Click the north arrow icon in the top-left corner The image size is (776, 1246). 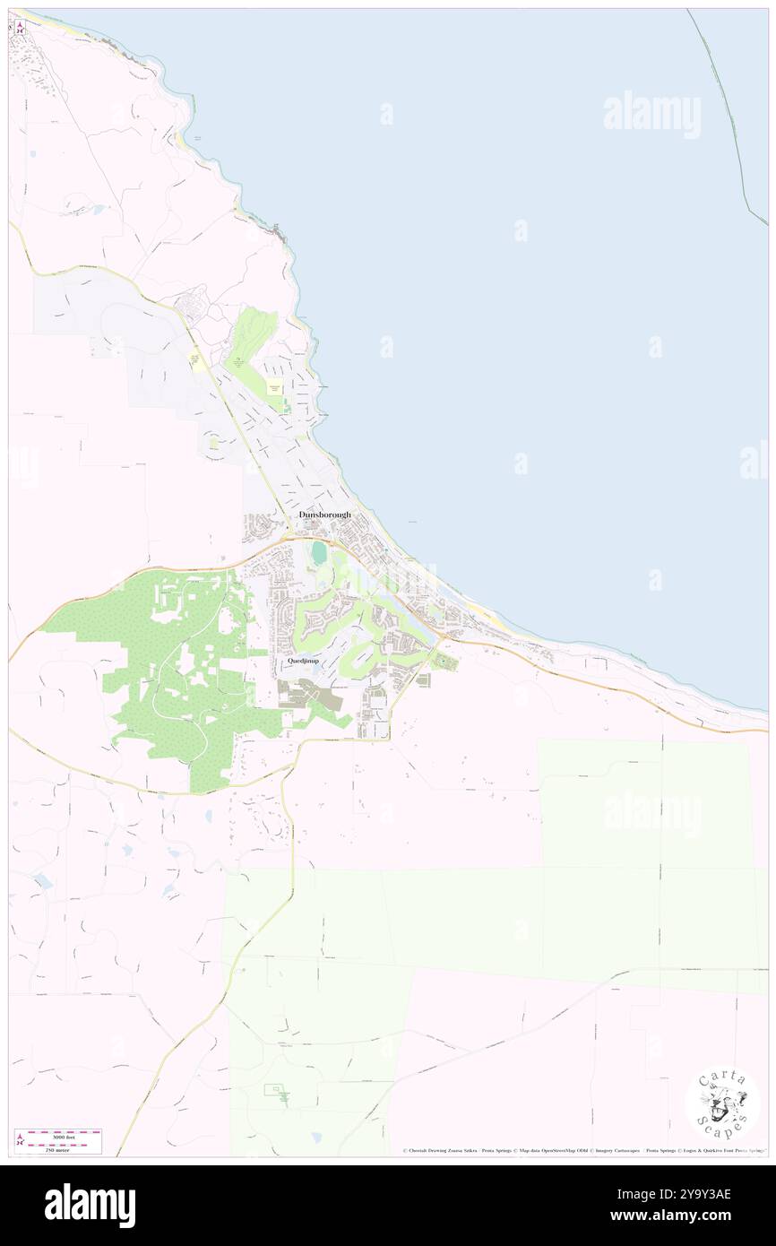click(20, 28)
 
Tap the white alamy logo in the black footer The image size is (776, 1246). click(90, 1206)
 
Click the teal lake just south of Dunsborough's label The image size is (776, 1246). click(319, 554)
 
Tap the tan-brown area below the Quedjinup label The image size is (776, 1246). click(305, 695)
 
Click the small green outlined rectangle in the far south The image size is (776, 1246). click(277, 1093)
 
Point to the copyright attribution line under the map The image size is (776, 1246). click(582, 1151)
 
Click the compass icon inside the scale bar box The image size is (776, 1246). click(20, 1141)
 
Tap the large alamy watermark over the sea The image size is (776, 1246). click(651, 114)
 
